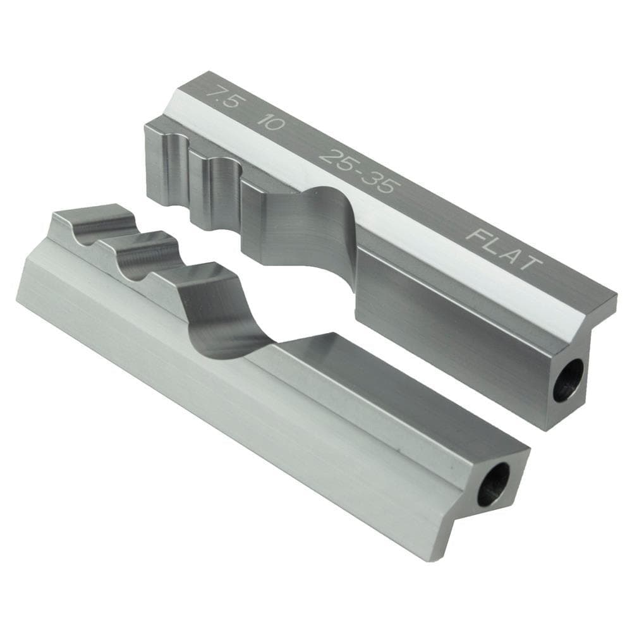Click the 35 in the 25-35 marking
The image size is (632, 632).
[382, 183]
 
